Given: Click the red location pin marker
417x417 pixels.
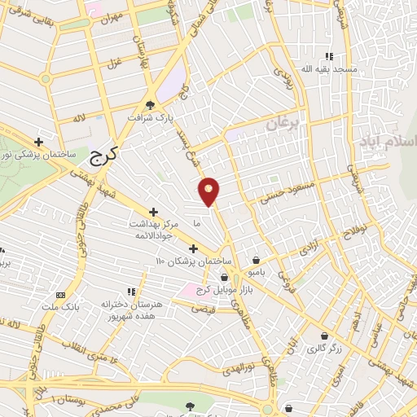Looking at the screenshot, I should (x=209, y=191).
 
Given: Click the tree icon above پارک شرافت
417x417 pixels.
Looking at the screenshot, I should (x=150, y=104).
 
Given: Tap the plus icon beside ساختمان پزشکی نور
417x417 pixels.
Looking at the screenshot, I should (x=50, y=141).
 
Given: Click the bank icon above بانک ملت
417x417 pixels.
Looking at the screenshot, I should (x=59, y=294).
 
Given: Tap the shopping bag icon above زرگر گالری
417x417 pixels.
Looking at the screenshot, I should (x=325, y=335).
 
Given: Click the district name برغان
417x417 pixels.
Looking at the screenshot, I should (x=283, y=125).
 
